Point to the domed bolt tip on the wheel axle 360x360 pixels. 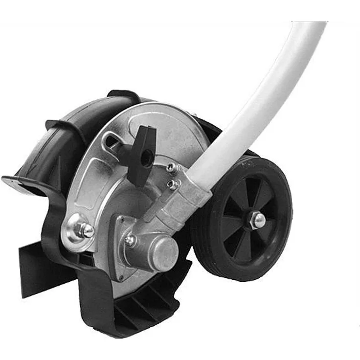click(259, 220)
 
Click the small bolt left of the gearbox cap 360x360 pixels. click(130, 240)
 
